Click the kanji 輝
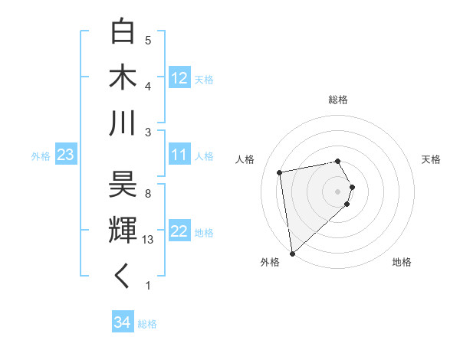pyautogui.click(x=123, y=229)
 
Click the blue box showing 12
pyautogui.click(x=179, y=78)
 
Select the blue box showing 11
pyautogui.click(x=179, y=155)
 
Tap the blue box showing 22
pyautogui.click(x=179, y=232)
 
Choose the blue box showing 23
pyautogui.click(x=65, y=155)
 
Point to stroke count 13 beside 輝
pyautogui.click(x=149, y=239)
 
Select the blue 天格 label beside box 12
pyautogui.click(x=204, y=79)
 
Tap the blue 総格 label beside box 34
pyautogui.click(x=147, y=324)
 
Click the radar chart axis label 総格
pyautogui.click(x=338, y=100)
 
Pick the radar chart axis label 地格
pyautogui.click(x=402, y=262)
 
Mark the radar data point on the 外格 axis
pyautogui.click(x=292, y=254)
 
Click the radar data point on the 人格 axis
pyautogui.click(x=280, y=172)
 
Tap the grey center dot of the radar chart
pyautogui.click(x=338, y=191)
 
